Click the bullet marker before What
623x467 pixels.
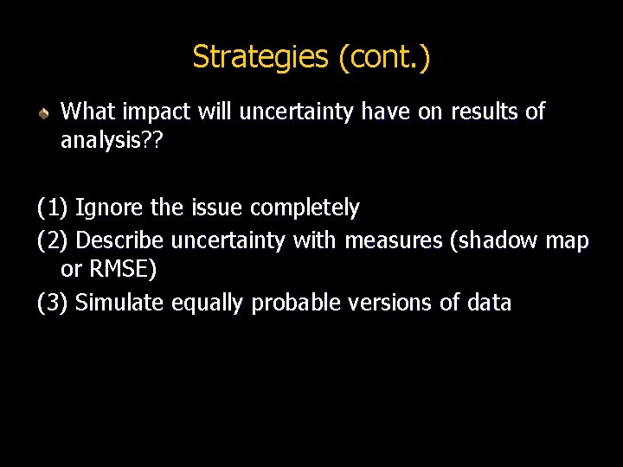pos(43,113)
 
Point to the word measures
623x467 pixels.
pos(393,240)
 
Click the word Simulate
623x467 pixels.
pos(120,303)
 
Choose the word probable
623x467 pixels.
pos(291,303)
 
